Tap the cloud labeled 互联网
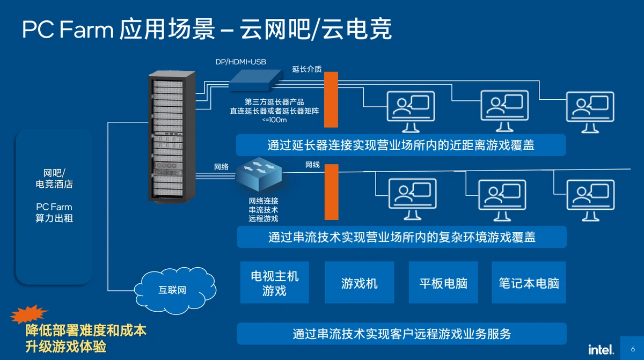tap(172, 290)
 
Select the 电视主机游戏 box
tap(274, 283)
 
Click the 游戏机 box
tap(360, 283)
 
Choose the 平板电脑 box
tap(443, 283)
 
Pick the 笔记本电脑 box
tap(529, 283)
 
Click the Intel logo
tap(601, 350)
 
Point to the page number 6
tap(632, 349)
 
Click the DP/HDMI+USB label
tap(240, 62)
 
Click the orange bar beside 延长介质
tap(331, 99)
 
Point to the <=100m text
tap(274, 120)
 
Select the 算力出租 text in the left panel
tap(54, 218)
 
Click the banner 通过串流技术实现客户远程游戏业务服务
tap(401, 334)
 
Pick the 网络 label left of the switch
tap(221, 167)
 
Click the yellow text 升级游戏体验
tap(65, 346)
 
